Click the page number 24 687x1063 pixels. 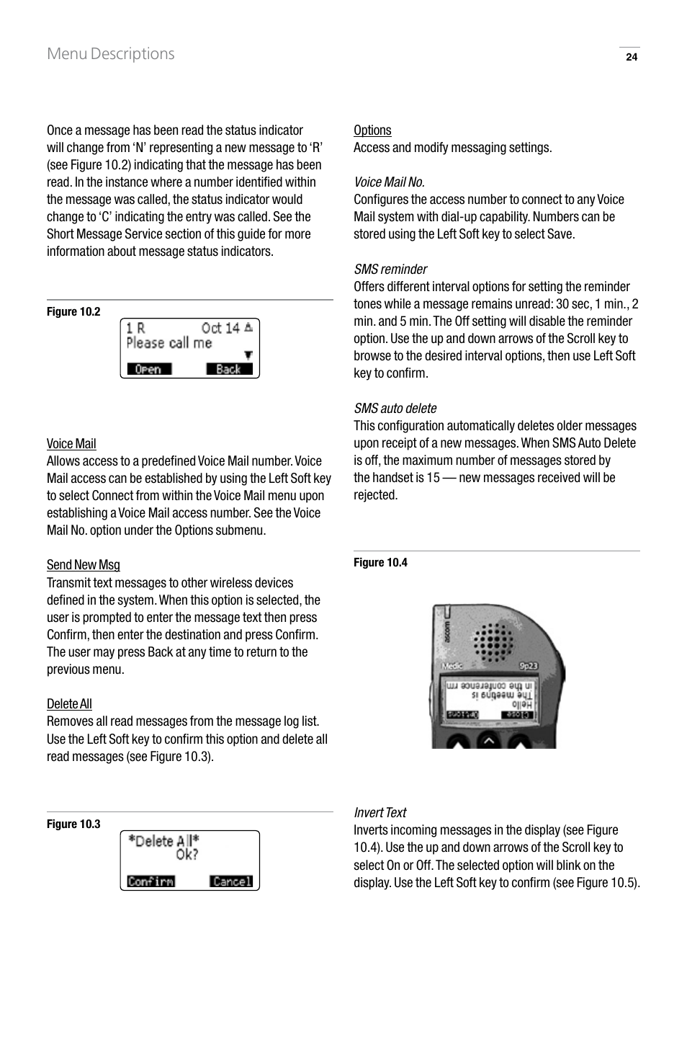(x=631, y=58)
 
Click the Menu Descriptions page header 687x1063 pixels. (x=110, y=54)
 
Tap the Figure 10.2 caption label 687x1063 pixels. (x=73, y=311)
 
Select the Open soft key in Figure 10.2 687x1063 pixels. (x=149, y=369)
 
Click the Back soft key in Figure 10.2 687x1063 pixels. (x=229, y=369)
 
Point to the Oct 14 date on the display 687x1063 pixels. (x=220, y=328)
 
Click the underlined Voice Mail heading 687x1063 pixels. (x=71, y=444)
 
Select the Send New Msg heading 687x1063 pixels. (x=84, y=565)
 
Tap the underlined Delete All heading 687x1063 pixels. (x=69, y=704)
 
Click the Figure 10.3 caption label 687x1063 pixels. (x=73, y=824)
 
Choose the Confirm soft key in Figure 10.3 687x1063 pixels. (x=151, y=881)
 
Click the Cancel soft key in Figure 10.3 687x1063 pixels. (x=231, y=881)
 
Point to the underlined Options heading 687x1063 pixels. (x=372, y=130)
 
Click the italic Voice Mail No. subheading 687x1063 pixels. (x=389, y=182)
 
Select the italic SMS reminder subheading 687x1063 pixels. (x=390, y=270)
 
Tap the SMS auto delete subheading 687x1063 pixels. (x=395, y=409)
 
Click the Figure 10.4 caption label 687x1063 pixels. (x=380, y=562)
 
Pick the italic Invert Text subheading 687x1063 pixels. (x=380, y=813)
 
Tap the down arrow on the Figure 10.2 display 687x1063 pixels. (x=248, y=355)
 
